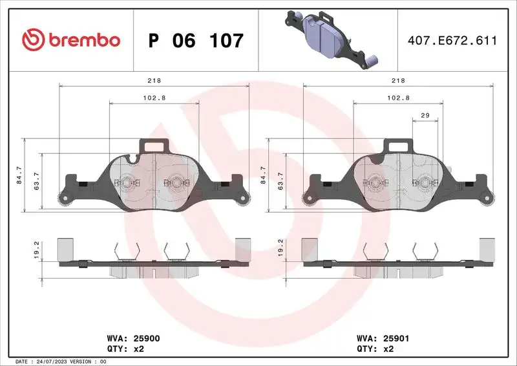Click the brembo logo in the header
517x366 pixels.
point(71,40)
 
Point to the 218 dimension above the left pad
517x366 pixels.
point(154,81)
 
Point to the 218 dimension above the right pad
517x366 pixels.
point(399,81)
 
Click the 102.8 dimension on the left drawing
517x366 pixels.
point(154,98)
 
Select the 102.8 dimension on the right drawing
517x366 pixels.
point(399,98)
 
